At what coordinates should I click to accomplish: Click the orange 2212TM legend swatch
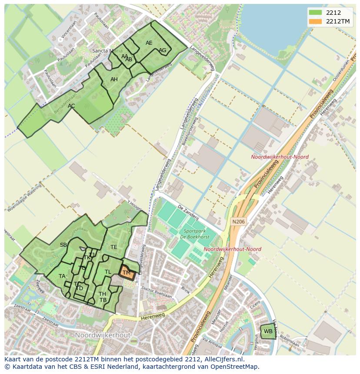coord(316,22)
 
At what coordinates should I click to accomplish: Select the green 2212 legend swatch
coord(316,13)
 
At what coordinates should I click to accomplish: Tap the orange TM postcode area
coord(127,272)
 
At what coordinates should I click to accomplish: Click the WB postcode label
coord(268,331)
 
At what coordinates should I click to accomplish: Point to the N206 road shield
coord(238,222)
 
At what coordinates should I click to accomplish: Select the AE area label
coord(149,43)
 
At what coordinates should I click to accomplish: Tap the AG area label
coord(162,50)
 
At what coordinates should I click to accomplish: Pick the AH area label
coord(114,79)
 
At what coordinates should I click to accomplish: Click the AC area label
coord(71,106)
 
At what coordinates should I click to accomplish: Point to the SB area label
coord(63,245)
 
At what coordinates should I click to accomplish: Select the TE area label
coord(113,247)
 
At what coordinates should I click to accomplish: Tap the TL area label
coord(108,272)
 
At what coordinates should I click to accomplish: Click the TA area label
coord(62,276)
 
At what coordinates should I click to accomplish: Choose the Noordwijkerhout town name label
coord(103,335)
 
